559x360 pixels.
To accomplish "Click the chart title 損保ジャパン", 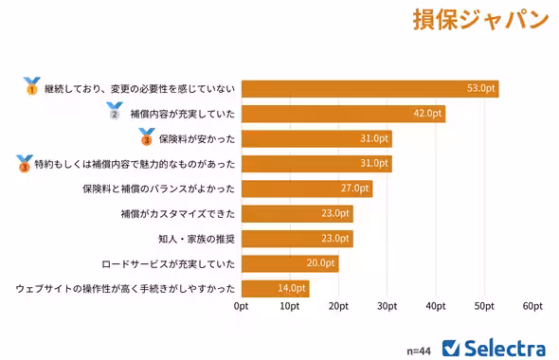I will [x=480, y=21].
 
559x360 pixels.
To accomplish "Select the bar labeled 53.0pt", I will [x=370, y=88].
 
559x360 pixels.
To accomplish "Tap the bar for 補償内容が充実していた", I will [x=343, y=114].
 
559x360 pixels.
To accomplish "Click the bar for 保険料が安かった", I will [x=316, y=138].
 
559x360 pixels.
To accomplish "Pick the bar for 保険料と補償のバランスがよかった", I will [x=307, y=189].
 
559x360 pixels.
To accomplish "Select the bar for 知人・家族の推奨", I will [x=297, y=238].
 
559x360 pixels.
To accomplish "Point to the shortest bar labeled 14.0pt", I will [x=275, y=288].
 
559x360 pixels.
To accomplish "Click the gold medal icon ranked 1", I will [x=31, y=87].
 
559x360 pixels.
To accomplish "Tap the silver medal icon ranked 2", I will [x=115, y=113].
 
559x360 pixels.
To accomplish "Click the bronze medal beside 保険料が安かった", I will [x=145, y=138].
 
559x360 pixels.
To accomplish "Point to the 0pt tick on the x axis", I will [x=242, y=306].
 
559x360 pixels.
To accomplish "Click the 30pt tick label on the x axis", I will [x=387, y=306].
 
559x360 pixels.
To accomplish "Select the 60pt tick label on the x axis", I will [x=532, y=306].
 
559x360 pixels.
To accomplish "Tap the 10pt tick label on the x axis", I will [x=290, y=306].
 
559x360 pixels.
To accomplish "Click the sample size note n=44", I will [x=418, y=350].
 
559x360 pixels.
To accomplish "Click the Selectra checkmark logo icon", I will [x=452, y=347].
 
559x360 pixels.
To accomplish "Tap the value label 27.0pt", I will [x=353, y=189].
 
